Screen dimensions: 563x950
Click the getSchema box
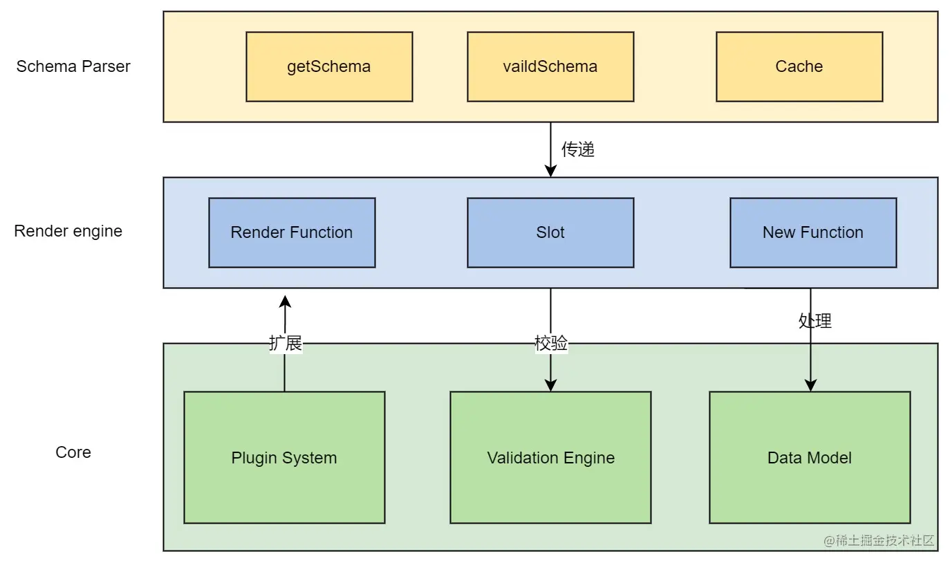pos(329,66)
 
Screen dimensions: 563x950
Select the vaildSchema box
pos(550,66)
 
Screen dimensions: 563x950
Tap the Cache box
pos(799,66)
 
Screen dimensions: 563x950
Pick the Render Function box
pos(292,232)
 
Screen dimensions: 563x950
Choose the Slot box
pos(550,232)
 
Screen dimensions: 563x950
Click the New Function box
pos(813,232)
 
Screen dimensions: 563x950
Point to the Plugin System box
pos(284,457)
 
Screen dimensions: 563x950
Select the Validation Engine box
pos(550,457)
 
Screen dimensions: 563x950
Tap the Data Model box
pos(810,457)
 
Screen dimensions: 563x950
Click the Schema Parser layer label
pos(73,66)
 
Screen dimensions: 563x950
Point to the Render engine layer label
pos(68,231)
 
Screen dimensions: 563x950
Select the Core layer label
pos(73,452)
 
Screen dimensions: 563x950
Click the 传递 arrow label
pos(578,149)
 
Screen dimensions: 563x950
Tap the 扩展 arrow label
pos(286,343)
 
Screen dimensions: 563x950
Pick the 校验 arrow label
pos(551,343)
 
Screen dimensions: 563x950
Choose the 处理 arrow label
pos(815,320)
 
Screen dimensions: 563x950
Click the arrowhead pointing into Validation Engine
pos(550,385)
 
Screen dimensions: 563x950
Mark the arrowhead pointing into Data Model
pos(810,385)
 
